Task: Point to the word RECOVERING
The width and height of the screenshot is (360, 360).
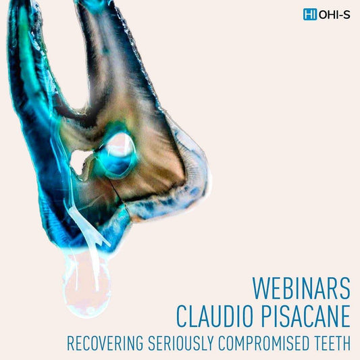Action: click(100, 343)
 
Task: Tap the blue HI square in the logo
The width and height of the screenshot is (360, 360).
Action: click(310, 14)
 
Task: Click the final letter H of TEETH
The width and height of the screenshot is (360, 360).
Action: click(347, 343)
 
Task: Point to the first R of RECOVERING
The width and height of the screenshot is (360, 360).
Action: click(70, 343)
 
